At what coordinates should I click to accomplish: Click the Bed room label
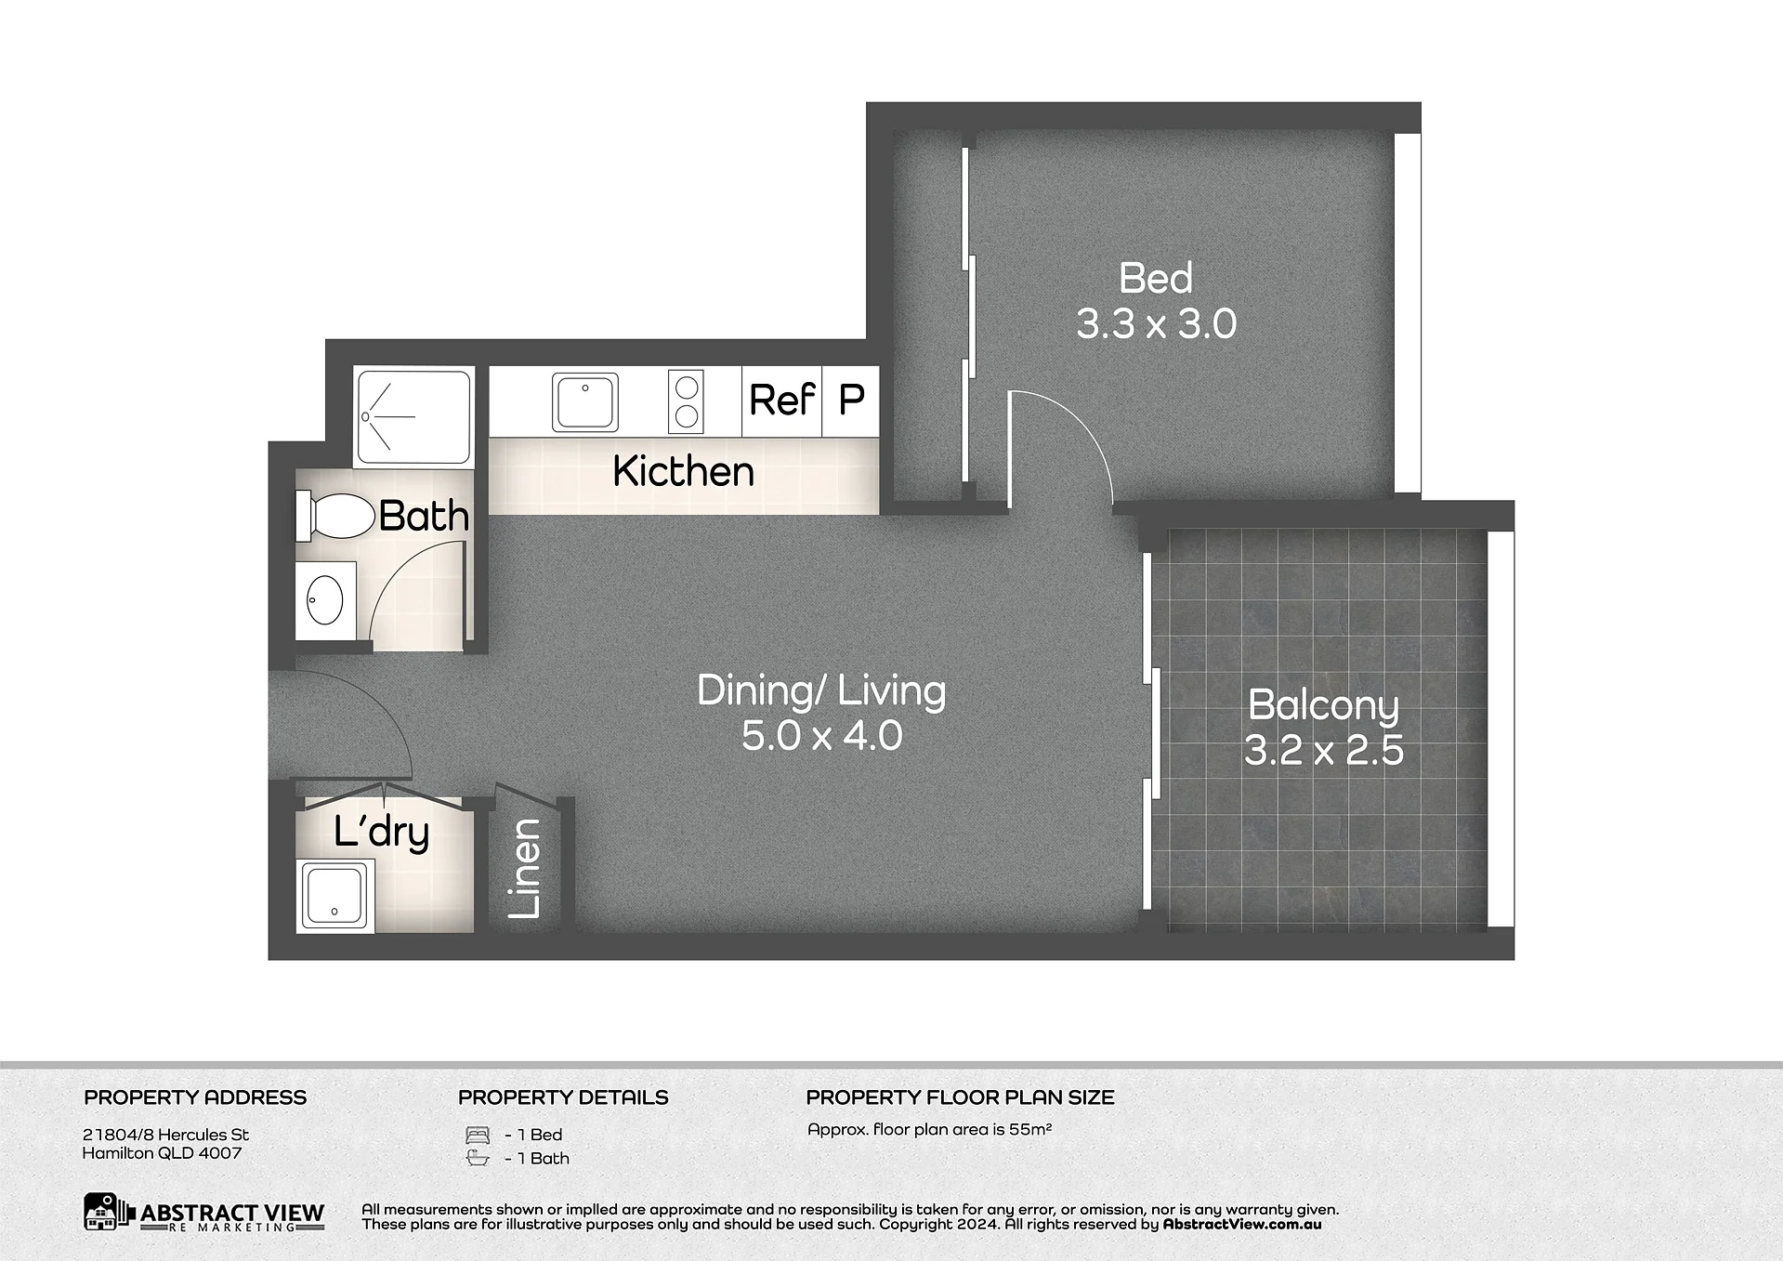tap(1155, 278)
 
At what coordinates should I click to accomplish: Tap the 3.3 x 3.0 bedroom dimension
tap(1156, 324)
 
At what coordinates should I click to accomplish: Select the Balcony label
tap(1323, 705)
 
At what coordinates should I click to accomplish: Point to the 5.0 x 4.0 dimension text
tap(821, 736)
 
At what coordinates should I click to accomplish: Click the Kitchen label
tap(683, 471)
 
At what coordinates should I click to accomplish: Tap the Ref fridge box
tap(782, 401)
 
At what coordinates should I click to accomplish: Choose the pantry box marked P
tap(850, 401)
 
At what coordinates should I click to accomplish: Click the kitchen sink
tap(585, 401)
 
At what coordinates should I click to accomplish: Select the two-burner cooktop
tap(686, 401)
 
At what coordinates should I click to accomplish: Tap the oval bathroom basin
tap(325, 599)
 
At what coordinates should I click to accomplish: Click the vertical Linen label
tap(525, 868)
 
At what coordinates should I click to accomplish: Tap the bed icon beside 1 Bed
tap(477, 1135)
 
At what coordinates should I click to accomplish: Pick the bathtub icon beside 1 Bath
tap(477, 1158)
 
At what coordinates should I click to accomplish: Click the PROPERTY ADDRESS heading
tap(195, 1097)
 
